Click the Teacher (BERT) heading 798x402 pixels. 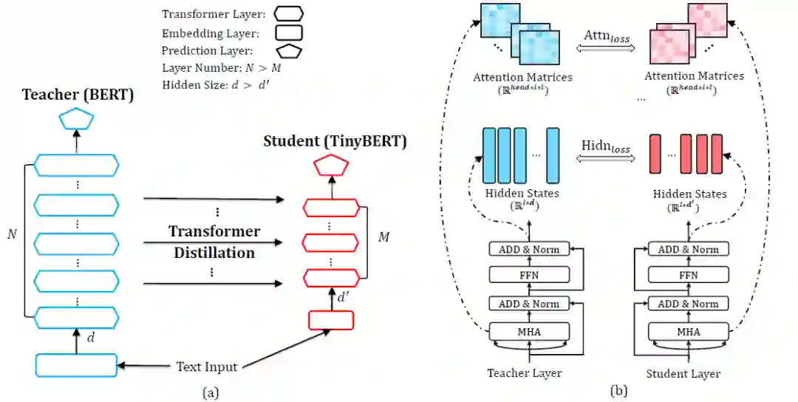click(x=78, y=95)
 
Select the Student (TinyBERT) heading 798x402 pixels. click(x=335, y=140)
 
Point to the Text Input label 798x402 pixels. click(x=206, y=366)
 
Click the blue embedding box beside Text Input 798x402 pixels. click(x=76, y=365)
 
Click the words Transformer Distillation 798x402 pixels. click(x=214, y=242)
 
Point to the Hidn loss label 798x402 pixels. click(x=605, y=148)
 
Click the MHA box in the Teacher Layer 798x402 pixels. click(x=529, y=331)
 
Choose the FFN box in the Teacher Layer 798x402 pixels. click(x=529, y=275)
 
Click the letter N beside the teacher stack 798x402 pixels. click(x=12, y=234)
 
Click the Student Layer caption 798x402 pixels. click(x=683, y=373)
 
